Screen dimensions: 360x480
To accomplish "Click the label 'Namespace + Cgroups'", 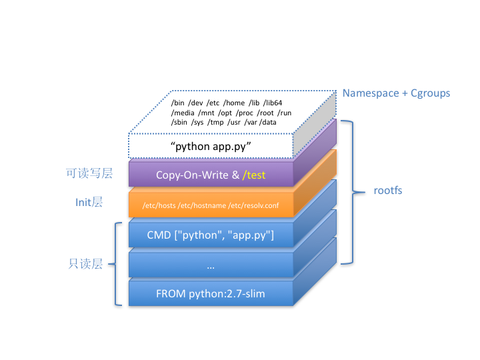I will coord(396,93).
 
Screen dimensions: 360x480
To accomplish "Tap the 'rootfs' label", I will coord(387,191).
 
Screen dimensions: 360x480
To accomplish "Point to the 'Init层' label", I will coord(89,201).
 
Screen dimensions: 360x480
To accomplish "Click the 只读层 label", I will coord(85,264).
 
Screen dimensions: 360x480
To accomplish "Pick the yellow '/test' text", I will coord(254,175).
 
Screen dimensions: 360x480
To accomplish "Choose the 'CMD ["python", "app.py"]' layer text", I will coord(211,235).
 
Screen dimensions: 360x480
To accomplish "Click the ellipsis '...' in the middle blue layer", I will coord(211,266).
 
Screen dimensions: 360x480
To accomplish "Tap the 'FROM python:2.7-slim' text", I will coord(211,293).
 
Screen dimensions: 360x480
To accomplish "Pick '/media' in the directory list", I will coord(182,113).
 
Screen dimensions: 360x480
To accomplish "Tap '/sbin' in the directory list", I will coord(180,123).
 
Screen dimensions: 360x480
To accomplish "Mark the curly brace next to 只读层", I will coord(117,264).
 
